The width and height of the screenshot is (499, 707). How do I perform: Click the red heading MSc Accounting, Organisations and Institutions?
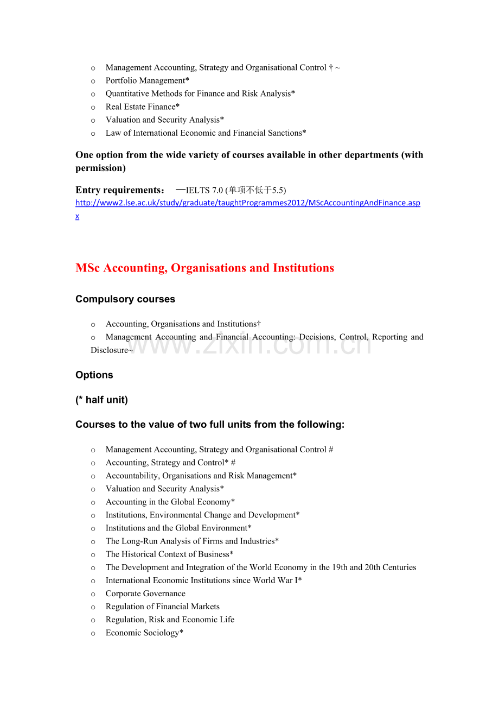point(204,268)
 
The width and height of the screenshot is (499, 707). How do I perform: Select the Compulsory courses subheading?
point(125,299)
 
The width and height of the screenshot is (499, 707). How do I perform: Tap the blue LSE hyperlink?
point(247,203)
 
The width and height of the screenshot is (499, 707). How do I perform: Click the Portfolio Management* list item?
point(147,81)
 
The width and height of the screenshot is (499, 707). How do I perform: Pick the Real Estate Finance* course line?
point(142,107)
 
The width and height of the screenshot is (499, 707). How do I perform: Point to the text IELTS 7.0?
point(204,190)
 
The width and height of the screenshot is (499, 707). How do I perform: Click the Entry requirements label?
point(120,190)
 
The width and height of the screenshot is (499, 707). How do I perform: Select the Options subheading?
point(94,375)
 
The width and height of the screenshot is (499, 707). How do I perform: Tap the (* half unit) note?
point(101,400)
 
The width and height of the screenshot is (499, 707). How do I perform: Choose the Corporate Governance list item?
point(145,594)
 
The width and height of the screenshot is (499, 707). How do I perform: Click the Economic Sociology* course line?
point(144,633)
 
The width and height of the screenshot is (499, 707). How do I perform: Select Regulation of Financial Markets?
point(162,607)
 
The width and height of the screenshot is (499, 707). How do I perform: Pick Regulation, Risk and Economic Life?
point(170,620)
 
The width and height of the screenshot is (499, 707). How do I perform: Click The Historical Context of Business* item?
point(169,554)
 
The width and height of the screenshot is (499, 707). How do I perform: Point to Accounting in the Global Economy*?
point(170,502)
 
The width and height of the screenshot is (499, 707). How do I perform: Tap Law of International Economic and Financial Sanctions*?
point(206,133)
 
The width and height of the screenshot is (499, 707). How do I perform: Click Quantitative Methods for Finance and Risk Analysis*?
point(200,94)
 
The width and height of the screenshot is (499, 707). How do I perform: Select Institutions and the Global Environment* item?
point(178,528)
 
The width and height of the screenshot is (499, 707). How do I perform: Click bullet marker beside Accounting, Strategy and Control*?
point(93,463)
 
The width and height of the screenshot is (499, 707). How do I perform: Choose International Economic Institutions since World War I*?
point(203,580)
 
